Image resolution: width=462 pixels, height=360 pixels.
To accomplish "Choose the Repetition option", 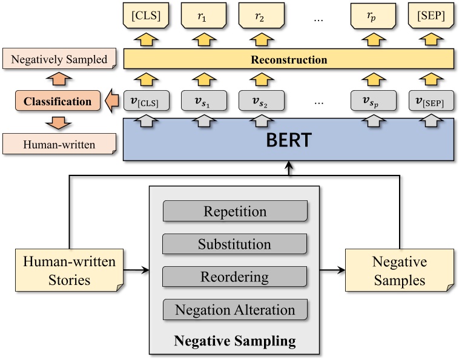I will (x=235, y=212).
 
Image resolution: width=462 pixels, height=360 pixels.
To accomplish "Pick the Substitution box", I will (x=235, y=244).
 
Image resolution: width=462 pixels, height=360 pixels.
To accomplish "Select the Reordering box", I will (x=235, y=277).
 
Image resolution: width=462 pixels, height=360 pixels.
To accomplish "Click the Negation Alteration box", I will (x=235, y=310).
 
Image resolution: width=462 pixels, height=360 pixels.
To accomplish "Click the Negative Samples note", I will (x=399, y=271).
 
